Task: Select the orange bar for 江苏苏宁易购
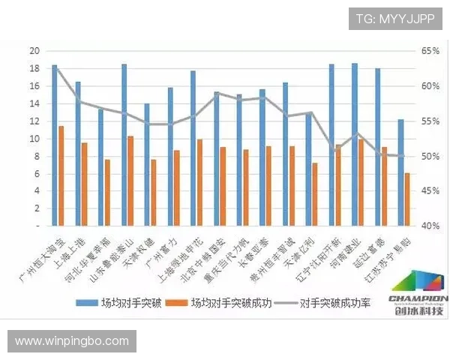407,199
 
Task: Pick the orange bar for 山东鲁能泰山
130,181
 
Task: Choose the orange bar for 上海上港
85,184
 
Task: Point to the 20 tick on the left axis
34,51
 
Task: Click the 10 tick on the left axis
34,139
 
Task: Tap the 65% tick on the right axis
430,51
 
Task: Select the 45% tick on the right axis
430,191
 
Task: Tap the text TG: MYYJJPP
394,19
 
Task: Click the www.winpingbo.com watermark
72,341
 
